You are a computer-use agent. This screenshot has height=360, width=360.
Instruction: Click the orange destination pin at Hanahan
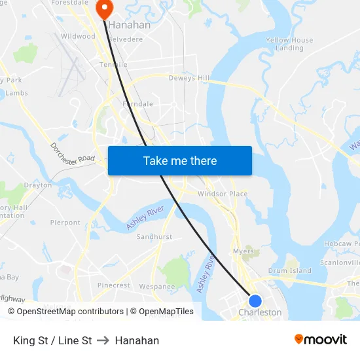(x=104, y=9)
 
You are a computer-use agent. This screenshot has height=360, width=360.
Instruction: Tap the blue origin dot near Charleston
(x=255, y=301)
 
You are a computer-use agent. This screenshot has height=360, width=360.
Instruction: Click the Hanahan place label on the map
(x=129, y=25)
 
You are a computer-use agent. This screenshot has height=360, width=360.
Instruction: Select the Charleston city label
(x=260, y=313)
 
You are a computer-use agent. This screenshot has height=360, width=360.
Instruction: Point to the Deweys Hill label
(x=190, y=79)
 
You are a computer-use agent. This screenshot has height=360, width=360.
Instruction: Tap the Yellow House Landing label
(x=289, y=44)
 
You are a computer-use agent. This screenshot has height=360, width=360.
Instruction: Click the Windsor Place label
(x=223, y=194)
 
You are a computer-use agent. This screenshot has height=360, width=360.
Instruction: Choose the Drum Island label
(x=290, y=270)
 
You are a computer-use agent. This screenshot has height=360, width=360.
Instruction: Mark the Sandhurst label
(x=154, y=236)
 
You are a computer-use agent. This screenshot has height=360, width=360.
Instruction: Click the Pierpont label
(x=65, y=223)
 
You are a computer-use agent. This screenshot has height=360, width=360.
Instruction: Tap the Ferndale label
(x=137, y=104)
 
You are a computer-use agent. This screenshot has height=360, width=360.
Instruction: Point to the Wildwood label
(x=78, y=37)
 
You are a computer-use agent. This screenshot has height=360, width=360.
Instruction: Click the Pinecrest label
(x=114, y=285)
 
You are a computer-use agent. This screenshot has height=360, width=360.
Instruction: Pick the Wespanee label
(x=157, y=286)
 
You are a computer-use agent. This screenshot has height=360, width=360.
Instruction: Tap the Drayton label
(x=38, y=185)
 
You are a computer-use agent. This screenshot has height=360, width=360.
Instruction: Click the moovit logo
(x=321, y=339)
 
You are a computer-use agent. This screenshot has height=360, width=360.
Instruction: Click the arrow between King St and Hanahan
(x=103, y=340)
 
